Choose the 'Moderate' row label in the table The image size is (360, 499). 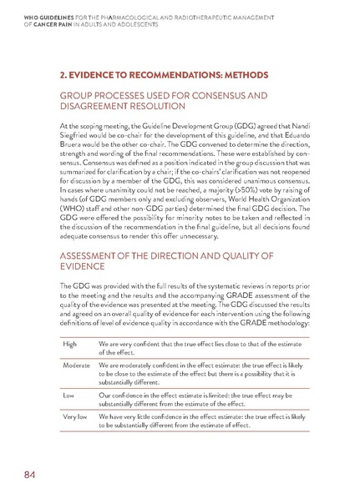pyautogui.click(x=79, y=365)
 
